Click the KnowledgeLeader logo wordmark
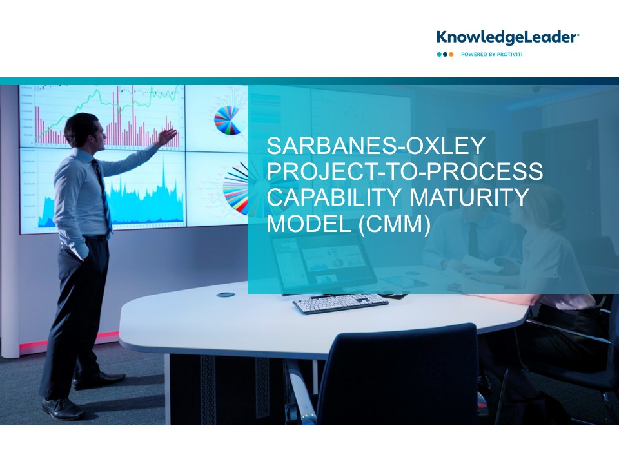coord(507,37)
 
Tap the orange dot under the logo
coord(451,54)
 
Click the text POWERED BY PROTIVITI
coord(491,54)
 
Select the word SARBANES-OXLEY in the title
coord(376,146)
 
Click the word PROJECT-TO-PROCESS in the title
coord(405,171)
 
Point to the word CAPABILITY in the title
coord(335,197)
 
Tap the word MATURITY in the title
coord(469,197)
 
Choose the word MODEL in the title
coord(309,223)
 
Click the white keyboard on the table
coord(340,304)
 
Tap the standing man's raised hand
coord(167,137)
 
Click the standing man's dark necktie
coord(102,193)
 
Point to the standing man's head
coord(85,131)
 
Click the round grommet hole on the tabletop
coord(226,295)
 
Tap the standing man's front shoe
coord(63,409)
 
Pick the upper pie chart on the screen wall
coord(227,121)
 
